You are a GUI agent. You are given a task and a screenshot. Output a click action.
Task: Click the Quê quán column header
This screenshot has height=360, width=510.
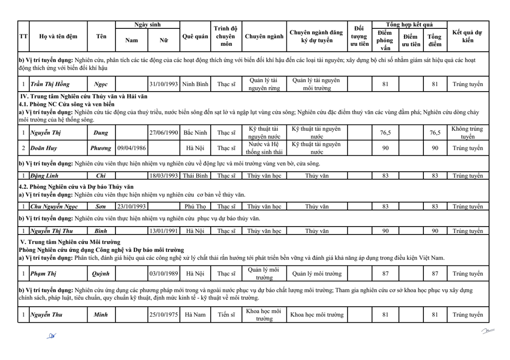(x=195, y=36)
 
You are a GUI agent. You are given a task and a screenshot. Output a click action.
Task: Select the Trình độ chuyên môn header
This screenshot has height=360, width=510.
(x=226, y=36)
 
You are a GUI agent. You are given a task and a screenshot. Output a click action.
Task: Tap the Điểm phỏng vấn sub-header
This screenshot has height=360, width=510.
(x=384, y=40)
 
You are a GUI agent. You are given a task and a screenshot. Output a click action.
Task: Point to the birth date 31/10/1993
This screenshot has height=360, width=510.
(x=164, y=84)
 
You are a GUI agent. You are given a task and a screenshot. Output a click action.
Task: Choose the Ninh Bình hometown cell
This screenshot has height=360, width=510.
(x=195, y=84)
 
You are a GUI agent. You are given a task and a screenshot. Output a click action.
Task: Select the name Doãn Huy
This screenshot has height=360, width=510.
(x=44, y=148)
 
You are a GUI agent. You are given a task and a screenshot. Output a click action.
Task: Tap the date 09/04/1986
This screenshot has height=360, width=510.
(x=131, y=148)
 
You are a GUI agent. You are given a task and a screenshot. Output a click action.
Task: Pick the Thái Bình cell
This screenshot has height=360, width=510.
(x=195, y=176)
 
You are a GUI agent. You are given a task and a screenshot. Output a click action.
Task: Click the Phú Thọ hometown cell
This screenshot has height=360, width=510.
(x=195, y=207)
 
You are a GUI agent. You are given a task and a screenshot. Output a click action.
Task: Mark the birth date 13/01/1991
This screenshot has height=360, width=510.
(x=164, y=231)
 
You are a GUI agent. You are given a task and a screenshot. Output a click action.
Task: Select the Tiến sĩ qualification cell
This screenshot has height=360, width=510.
(x=226, y=315)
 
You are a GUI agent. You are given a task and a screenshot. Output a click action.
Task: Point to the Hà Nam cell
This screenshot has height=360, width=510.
(x=195, y=315)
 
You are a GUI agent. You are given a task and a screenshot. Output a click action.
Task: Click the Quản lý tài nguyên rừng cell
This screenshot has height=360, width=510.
(x=264, y=84)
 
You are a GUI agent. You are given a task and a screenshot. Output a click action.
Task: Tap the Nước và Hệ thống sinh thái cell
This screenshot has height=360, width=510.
(x=264, y=148)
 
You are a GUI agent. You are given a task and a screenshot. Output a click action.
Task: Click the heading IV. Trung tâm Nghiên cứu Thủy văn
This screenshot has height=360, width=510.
(x=84, y=96)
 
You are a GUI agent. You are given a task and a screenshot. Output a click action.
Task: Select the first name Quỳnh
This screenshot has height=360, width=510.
(x=101, y=273)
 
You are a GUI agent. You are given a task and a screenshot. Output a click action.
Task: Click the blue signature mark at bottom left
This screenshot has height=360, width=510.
(x=51, y=336)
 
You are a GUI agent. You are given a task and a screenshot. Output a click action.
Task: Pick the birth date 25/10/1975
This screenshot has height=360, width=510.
(x=164, y=315)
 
